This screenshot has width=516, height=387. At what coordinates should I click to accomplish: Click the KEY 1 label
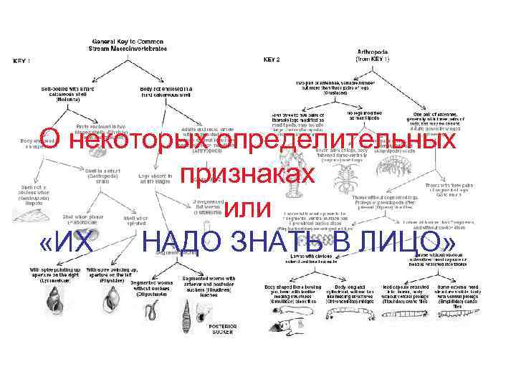point(23,61)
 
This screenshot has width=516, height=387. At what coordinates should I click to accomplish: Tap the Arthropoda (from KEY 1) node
point(373,55)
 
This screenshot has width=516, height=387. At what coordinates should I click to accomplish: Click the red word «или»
point(247,208)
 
